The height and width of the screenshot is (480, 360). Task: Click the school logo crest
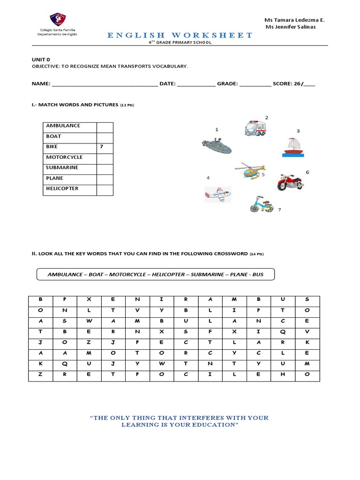(x=58, y=19)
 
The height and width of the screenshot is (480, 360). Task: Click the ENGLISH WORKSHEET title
(x=180, y=35)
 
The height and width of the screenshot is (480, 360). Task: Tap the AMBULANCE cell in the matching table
(x=63, y=126)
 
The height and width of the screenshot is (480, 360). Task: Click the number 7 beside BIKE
(x=101, y=147)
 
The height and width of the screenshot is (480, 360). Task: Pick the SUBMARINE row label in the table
(x=62, y=168)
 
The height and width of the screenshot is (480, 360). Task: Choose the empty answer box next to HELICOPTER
(x=105, y=189)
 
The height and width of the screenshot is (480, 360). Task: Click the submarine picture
(x=217, y=146)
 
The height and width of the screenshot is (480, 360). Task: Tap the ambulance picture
(x=255, y=128)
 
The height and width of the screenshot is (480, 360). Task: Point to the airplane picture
(x=218, y=193)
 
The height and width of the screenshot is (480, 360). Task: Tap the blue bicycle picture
(x=262, y=205)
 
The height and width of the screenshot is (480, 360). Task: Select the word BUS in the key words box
(x=258, y=274)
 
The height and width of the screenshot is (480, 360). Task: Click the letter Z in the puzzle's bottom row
(x=41, y=375)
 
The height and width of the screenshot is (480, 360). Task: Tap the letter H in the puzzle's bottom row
(x=283, y=375)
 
